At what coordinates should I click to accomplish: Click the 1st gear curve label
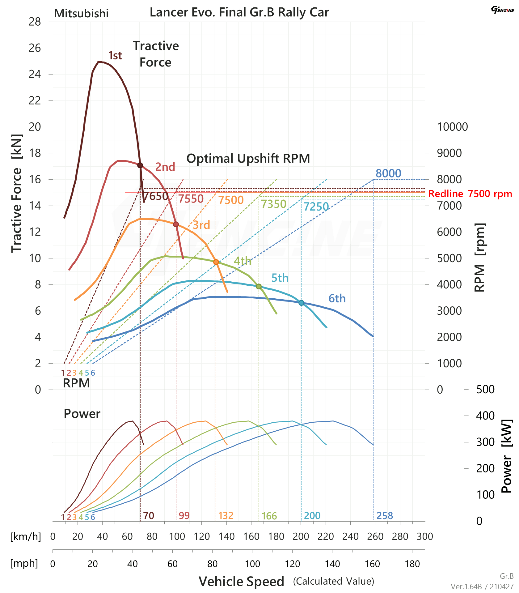115,56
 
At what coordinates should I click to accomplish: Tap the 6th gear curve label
337,299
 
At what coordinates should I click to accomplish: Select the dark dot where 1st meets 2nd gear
140,165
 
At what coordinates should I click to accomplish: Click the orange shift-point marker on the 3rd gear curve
216,262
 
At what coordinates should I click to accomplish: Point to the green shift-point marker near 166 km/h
259,287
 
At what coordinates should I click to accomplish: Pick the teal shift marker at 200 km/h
301,303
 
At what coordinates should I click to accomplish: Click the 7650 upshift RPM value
155,196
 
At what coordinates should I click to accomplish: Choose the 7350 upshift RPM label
273,204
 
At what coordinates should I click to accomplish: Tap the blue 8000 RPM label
388,173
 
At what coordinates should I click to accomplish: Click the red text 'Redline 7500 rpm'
470,194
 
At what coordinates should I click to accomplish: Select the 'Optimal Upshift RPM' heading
248,159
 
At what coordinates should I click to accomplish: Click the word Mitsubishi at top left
81,14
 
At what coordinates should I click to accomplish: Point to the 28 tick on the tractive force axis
35,22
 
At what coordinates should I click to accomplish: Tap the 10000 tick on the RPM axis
452,127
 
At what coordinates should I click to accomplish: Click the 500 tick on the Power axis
485,389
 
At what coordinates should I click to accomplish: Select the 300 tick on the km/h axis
424,536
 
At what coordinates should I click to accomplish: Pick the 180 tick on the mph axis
412,564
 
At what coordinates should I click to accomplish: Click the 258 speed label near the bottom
384,516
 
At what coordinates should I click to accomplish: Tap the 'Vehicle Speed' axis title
241,582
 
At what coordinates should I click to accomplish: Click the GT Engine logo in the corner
502,10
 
